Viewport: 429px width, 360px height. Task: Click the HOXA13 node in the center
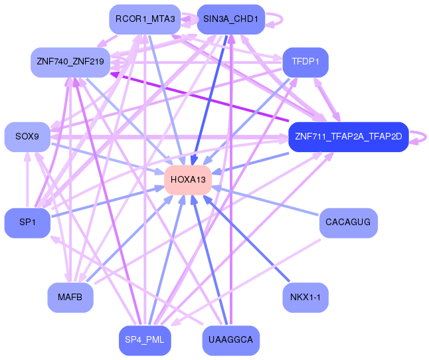coord(188,180)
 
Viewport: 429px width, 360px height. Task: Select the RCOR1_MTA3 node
coord(145,19)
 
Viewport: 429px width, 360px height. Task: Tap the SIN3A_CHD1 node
coord(231,19)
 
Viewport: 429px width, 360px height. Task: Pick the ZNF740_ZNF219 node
coord(70,62)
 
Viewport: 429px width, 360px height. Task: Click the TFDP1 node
coord(305,62)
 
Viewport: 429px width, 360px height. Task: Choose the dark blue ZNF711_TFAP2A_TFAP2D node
coord(349,137)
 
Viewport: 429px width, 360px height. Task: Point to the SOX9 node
coord(27,137)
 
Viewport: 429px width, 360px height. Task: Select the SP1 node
coord(27,223)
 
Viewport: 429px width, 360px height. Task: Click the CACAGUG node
coord(349,223)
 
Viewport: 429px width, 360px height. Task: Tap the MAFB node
coord(70,297)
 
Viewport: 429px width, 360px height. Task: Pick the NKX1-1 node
coord(305,297)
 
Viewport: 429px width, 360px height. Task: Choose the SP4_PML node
coord(145,340)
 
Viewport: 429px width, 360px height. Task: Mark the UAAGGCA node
coord(231,340)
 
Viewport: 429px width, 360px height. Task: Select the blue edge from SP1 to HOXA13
coord(108,202)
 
